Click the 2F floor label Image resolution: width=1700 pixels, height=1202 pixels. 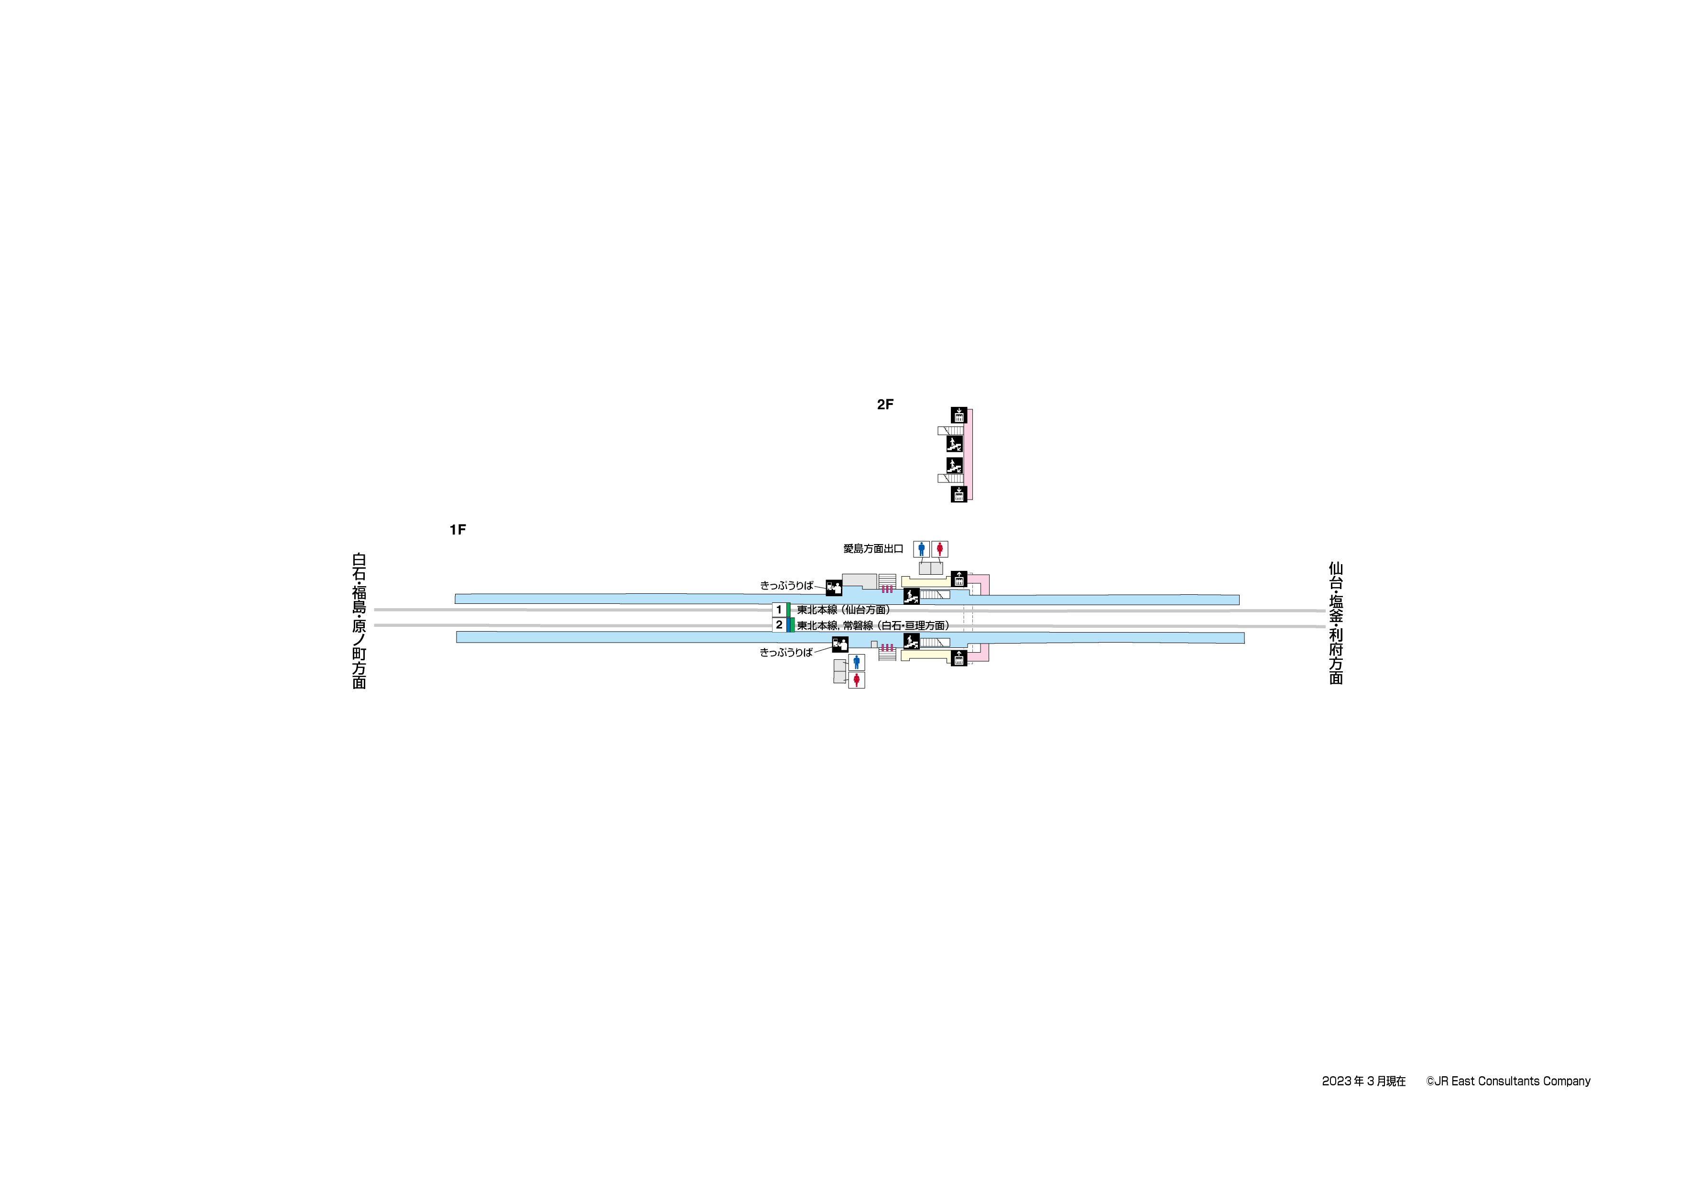tap(885, 404)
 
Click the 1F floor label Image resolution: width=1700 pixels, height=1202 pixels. tap(458, 530)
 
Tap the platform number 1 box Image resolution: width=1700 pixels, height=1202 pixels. tap(779, 610)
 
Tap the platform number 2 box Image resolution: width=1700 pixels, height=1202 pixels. tap(779, 625)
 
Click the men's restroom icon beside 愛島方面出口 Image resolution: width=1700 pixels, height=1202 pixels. tap(921, 549)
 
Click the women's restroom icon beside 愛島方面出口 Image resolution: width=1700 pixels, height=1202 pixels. tap(939, 549)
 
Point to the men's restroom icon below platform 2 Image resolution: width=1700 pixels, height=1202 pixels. tap(857, 662)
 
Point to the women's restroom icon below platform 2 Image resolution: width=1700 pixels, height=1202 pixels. tap(857, 680)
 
